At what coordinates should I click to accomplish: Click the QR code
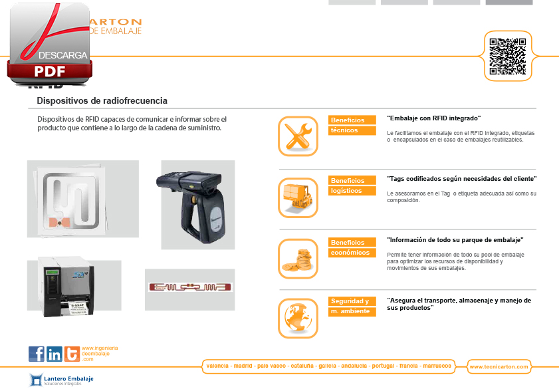point(508,56)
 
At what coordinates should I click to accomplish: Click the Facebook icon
point(37,354)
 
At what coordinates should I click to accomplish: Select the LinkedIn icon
point(55,354)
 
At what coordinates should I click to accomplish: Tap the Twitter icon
point(71,354)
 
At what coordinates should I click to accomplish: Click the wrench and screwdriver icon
point(298,136)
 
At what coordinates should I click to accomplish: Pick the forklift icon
point(298,197)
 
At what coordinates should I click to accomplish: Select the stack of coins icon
point(298,258)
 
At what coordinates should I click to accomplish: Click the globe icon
point(298,318)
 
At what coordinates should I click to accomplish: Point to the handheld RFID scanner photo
point(197,204)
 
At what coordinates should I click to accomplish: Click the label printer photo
point(74,285)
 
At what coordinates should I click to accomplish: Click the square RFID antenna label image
point(82,198)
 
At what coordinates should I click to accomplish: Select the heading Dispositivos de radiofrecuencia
point(102,101)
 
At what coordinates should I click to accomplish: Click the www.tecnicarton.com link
point(499,366)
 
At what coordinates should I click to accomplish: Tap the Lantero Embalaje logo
point(61,380)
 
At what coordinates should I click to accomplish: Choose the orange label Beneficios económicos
point(352,247)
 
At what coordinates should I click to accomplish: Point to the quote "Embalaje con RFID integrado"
point(433,118)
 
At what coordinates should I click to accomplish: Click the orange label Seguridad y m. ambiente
point(352,306)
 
